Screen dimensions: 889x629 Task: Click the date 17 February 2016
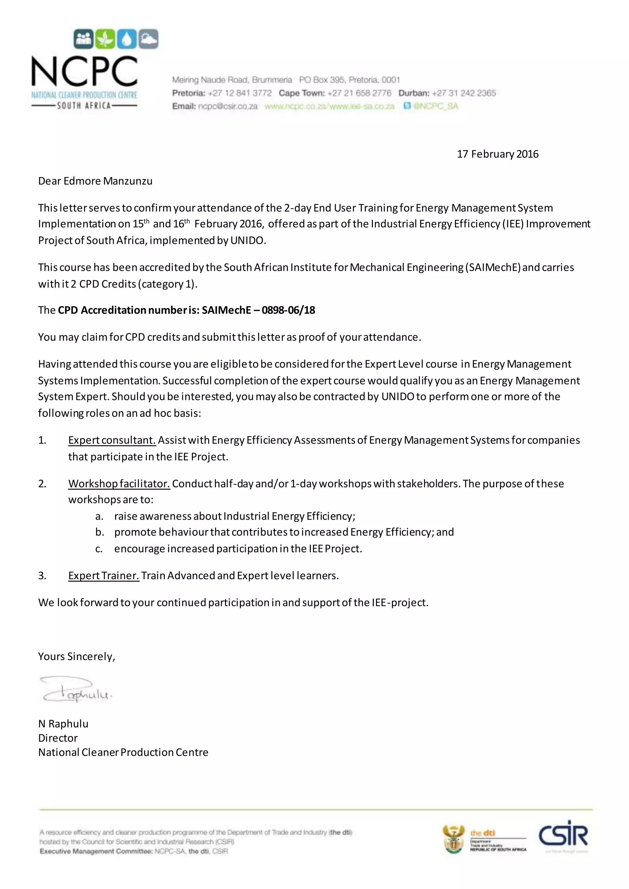point(497,154)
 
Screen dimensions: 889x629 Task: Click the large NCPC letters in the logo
point(84,72)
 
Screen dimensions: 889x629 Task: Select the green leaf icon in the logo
point(105,39)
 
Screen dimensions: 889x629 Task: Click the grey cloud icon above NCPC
point(148,39)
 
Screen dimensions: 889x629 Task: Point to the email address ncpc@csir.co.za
point(228,106)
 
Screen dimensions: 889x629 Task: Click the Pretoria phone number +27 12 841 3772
point(240,93)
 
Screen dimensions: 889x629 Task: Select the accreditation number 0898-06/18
point(288,310)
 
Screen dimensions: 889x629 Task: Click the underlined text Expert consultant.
point(112,440)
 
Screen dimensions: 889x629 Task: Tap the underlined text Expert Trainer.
point(104,576)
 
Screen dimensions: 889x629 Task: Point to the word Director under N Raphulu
point(58,738)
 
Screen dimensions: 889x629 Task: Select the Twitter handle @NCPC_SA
point(435,106)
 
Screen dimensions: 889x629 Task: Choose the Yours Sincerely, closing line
point(76,656)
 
